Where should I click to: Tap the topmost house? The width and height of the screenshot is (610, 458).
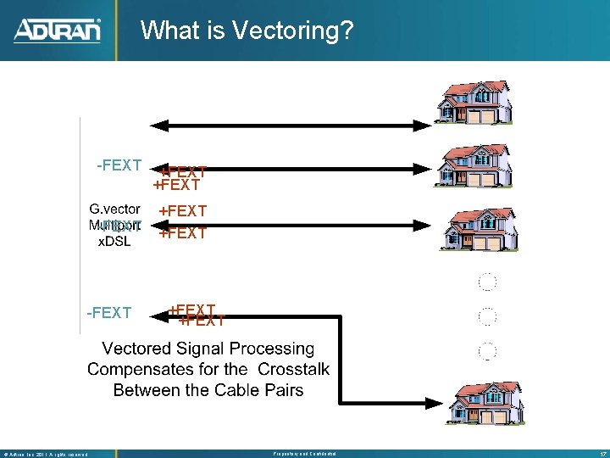(474, 99)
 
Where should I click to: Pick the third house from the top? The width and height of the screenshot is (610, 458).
(474, 225)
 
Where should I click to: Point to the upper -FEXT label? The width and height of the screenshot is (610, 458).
(119, 165)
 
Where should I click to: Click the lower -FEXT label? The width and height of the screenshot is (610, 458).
(109, 313)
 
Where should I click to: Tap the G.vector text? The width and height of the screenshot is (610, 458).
(115, 209)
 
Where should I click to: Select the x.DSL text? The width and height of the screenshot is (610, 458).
(113, 241)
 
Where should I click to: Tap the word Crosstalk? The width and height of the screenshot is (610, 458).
(293, 370)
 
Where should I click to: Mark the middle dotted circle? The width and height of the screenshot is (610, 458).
(487, 317)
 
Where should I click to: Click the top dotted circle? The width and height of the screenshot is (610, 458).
(487, 282)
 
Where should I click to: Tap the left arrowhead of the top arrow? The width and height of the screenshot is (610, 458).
(167, 126)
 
